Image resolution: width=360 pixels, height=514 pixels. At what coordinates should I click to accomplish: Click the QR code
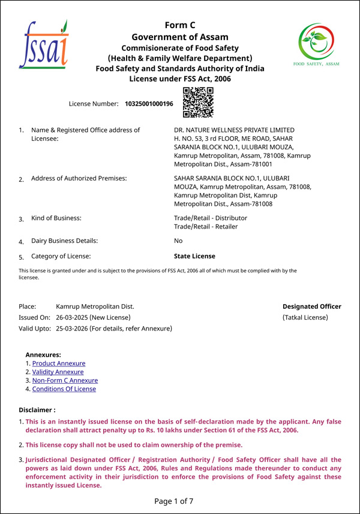click(198, 102)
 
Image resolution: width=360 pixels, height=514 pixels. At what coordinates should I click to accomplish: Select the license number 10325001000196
click(149, 104)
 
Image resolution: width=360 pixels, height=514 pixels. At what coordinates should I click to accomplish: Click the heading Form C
click(180, 25)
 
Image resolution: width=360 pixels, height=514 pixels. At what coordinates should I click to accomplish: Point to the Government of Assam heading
click(180, 37)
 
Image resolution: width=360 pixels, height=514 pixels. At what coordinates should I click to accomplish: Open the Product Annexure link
click(59, 363)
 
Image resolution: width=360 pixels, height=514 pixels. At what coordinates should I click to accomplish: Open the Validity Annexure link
click(58, 372)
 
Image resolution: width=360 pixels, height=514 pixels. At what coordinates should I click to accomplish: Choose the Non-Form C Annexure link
click(65, 380)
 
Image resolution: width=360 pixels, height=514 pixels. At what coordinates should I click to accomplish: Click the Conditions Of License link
click(64, 389)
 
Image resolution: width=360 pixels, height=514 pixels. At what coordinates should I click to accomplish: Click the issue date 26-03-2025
click(71, 317)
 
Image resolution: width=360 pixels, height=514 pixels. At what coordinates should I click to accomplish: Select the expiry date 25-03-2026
click(71, 328)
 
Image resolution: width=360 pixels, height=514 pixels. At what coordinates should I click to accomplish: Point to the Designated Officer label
click(312, 306)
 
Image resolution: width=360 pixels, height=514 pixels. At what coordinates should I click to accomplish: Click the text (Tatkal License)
click(305, 317)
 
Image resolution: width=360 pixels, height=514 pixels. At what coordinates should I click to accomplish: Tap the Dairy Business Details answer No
click(178, 241)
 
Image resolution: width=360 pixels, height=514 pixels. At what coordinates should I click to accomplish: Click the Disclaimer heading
click(37, 410)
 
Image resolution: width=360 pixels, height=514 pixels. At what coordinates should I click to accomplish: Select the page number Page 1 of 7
click(174, 501)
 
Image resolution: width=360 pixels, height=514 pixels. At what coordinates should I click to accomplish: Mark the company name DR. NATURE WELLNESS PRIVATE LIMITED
click(234, 130)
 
